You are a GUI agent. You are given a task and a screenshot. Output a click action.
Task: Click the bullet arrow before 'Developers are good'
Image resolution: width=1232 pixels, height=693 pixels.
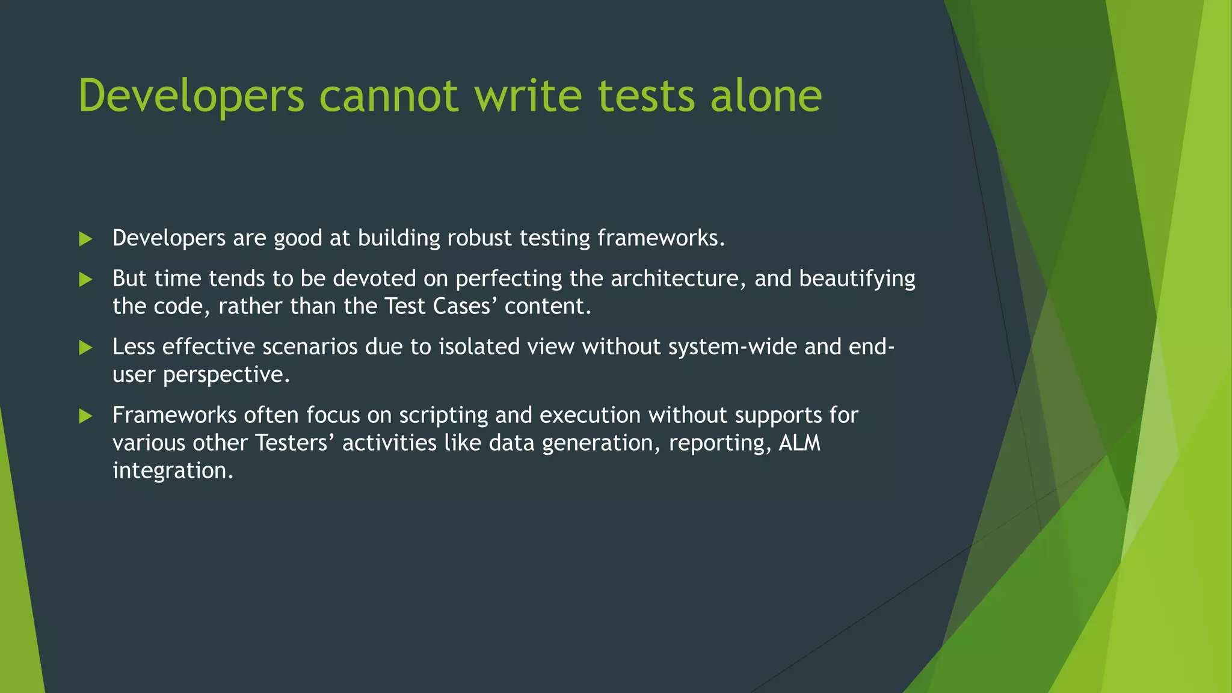(85, 239)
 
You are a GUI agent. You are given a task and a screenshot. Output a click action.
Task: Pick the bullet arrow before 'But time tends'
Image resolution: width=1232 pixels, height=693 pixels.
(85, 279)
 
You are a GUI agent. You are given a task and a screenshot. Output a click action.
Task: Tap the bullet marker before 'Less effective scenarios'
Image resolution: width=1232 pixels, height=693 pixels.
(85, 348)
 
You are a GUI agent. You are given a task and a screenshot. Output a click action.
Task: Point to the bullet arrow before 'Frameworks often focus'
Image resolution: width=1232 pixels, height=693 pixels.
(85, 416)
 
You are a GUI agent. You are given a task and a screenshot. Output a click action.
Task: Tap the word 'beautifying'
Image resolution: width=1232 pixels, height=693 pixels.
(857, 279)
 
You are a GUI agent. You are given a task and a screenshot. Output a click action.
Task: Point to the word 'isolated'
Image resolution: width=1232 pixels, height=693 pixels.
(479, 347)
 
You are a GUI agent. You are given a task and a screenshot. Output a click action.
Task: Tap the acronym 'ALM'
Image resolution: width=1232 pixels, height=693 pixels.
(799, 443)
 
